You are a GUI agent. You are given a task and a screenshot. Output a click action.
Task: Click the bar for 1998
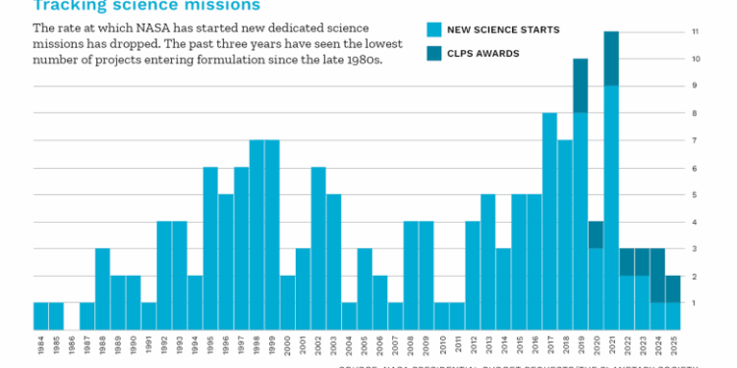[256, 235]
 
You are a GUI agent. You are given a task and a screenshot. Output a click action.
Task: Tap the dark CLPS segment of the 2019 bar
[581, 85]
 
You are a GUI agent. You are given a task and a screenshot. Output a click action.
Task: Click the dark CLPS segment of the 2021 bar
[611, 58]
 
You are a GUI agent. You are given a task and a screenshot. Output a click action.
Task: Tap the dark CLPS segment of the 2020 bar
[595, 235]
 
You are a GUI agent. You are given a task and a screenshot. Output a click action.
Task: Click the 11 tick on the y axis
[695, 31]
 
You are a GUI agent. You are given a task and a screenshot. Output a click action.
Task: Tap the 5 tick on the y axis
[695, 194]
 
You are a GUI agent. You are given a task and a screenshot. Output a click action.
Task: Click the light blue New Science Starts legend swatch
[434, 28]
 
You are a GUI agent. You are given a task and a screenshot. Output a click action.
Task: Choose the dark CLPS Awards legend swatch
[434, 54]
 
